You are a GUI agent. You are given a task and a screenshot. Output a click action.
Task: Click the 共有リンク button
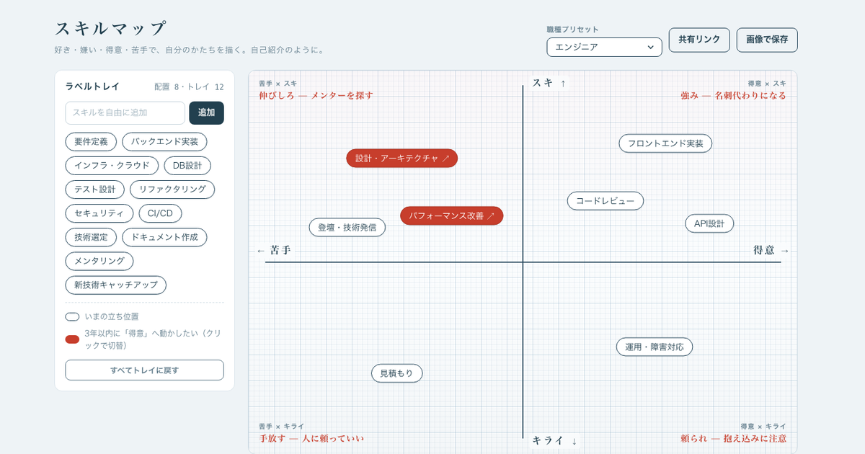[699, 40]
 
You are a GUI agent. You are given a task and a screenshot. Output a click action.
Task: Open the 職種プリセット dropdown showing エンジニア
[604, 47]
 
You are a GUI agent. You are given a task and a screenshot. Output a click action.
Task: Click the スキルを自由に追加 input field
[125, 112]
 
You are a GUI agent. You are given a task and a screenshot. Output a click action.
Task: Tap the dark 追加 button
[206, 112]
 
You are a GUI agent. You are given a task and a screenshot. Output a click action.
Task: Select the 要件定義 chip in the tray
[91, 142]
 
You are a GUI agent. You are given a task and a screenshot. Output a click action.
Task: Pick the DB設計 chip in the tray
[187, 166]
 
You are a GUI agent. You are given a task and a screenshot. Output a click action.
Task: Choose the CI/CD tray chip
[160, 213]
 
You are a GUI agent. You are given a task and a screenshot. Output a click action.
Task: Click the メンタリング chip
[99, 261]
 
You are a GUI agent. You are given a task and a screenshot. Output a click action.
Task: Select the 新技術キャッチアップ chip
[116, 285]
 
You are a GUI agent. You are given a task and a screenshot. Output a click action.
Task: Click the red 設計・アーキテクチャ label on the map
[402, 159]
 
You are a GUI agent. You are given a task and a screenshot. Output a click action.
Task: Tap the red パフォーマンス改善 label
[451, 215]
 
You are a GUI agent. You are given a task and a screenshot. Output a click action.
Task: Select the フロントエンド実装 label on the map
[665, 143]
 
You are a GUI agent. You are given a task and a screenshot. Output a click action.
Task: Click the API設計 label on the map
[709, 223]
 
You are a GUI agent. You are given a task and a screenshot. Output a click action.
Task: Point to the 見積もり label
[397, 373]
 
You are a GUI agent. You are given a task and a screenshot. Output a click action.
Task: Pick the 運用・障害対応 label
[655, 347]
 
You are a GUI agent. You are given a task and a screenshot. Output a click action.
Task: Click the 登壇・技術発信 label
[347, 228]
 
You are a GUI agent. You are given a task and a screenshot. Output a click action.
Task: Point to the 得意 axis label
[764, 250]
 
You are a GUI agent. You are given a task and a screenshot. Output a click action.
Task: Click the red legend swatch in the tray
[72, 339]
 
